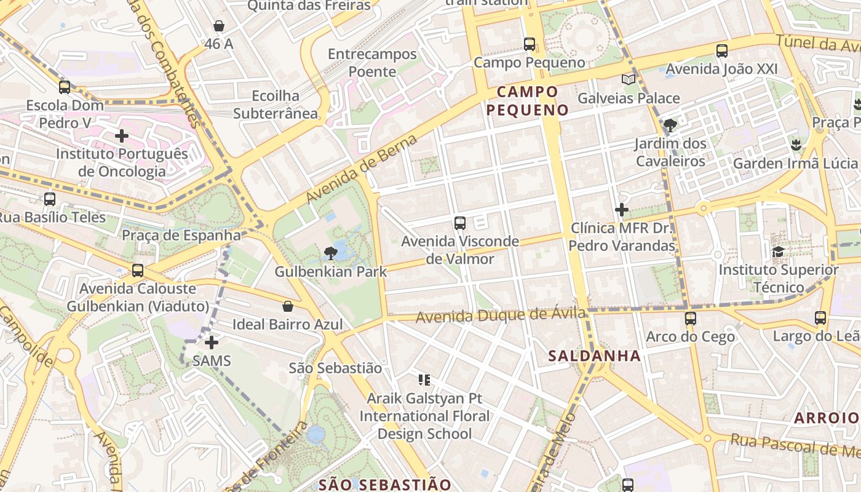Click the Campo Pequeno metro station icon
pyautogui.click(x=529, y=44)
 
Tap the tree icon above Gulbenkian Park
pyautogui.click(x=331, y=253)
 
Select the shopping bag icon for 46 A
pyautogui.click(x=218, y=26)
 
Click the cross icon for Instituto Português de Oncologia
pyautogui.click(x=122, y=136)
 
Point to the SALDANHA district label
pyautogui.click(x=594, y=355)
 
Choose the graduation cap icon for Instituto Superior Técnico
pyautogui.click(x=778, y=252)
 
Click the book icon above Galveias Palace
pyautogui.click(x=628, y=79)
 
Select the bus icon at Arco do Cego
pyautogui.click(x=690, y=319)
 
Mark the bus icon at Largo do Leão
pyautogui.click(x=820, y=318)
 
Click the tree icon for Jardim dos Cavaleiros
pyautogui.click(x=670, y=126)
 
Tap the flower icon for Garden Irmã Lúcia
pyautogui.click(x=795, y=145)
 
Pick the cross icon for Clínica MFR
pyautogui.click(x=622, y=210)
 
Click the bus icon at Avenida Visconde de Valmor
pyautogui.click(x=459, y=223)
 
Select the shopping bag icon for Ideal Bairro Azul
pyautogui.click(x=287, y=306)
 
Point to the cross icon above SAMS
pyautogui.click(x=212, y=342)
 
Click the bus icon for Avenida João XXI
pyautogui.click(x=721, y=51)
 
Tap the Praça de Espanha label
pyautogui.click(x=181, y=235)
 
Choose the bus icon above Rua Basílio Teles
pyautogui.click(x=49, y=199)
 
